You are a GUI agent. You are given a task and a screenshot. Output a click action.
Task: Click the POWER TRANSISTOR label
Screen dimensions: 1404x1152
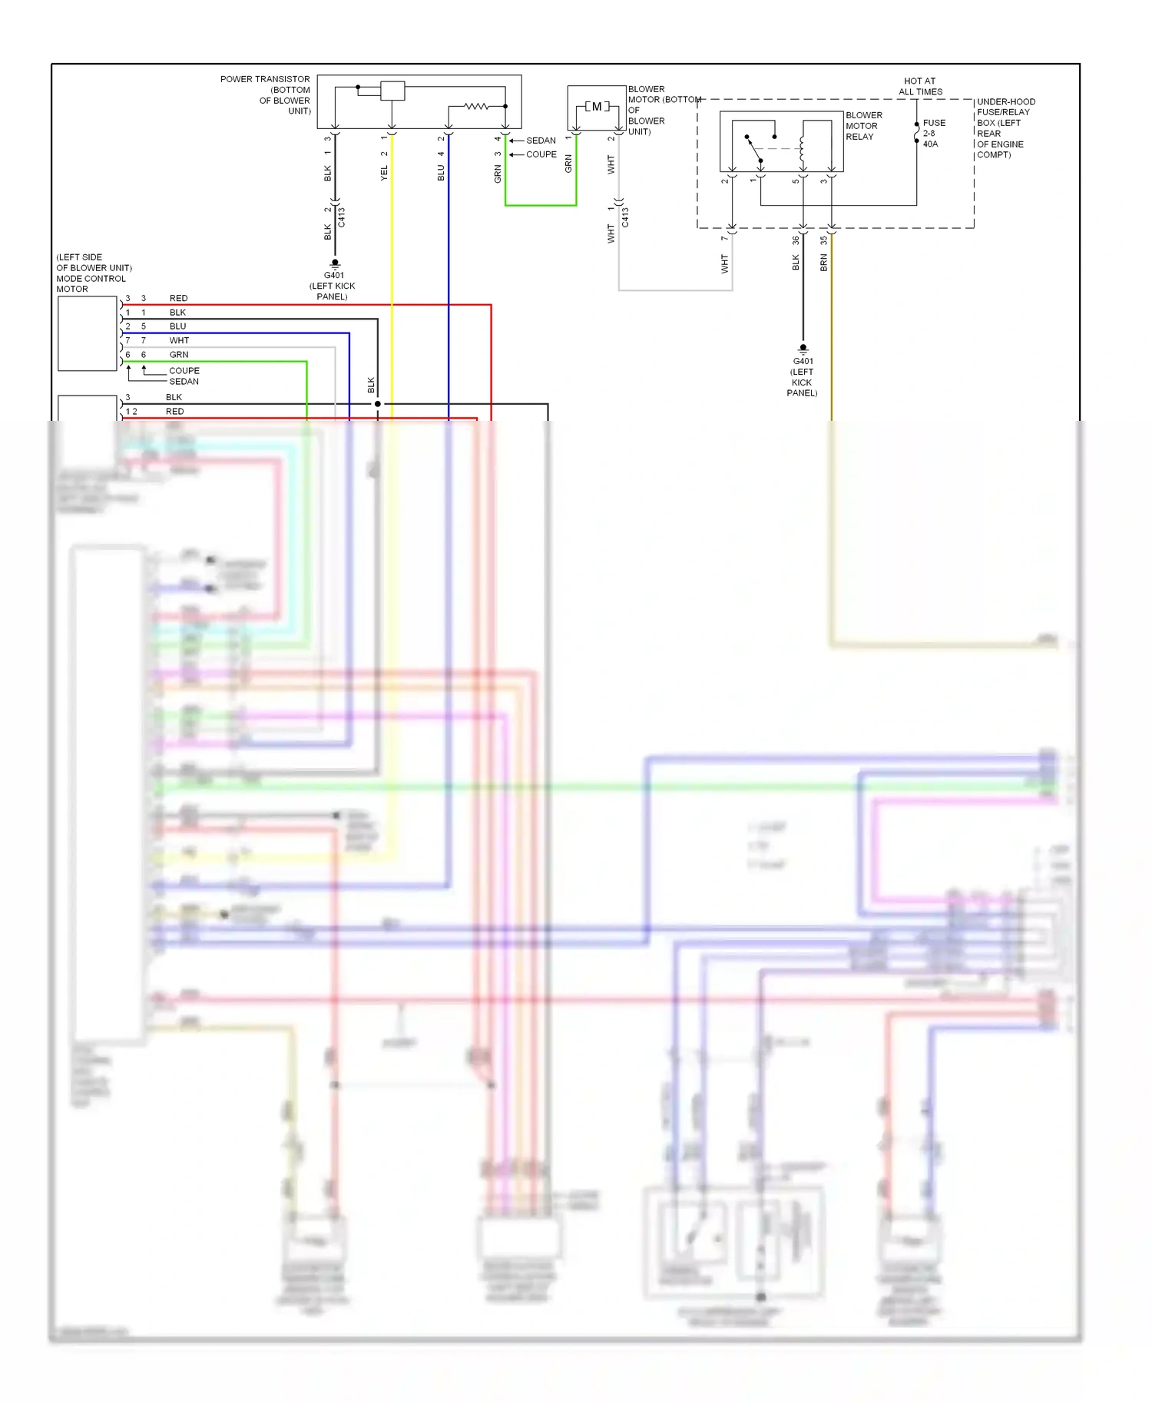(x=265, y=79)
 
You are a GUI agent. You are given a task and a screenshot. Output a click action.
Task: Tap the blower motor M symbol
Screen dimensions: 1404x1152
(x=597, y=107)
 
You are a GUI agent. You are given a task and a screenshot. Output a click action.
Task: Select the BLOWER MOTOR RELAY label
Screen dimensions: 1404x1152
(x=863, y=126)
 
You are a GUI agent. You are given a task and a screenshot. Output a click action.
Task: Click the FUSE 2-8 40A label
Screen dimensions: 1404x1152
(x=933, y=133)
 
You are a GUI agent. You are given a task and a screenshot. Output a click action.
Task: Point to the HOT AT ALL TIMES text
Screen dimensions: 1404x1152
(x=920, y=86)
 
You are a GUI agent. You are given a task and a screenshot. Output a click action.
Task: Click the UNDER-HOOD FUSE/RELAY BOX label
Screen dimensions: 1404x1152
(x=1005, y=127)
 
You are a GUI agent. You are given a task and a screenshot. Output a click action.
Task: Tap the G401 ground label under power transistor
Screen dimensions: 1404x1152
(x=333, y=276)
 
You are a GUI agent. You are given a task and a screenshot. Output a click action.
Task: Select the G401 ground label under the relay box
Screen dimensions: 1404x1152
(x=803, y=361)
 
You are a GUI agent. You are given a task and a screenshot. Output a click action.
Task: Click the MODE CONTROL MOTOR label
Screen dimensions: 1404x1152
(x=91, y=279)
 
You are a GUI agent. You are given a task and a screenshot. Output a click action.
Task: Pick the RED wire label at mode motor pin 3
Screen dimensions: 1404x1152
(x=178, y=298)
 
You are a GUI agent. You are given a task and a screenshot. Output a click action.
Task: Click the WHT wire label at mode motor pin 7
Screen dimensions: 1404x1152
(x=179, y=340)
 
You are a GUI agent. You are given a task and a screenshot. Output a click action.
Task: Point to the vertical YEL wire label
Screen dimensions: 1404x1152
(x=384, y=174)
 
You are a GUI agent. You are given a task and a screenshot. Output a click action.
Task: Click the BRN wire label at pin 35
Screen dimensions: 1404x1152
(x=823, y=263)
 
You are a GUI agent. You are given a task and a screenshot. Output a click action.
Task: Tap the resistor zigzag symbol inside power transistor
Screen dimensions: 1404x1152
(x=476, y=106)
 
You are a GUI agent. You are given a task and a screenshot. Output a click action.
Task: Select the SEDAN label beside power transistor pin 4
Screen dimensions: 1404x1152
(x=541, y=141)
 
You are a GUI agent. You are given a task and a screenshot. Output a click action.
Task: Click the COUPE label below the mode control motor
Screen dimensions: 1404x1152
(x=184, y=370)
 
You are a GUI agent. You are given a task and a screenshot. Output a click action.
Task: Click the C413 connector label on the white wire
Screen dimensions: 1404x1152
(x=625, y=217)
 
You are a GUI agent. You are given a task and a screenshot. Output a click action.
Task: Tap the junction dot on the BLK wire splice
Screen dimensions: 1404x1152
(x=377, y=403)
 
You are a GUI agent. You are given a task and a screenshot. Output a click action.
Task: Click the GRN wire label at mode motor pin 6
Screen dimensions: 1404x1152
(x=179, y=355)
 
